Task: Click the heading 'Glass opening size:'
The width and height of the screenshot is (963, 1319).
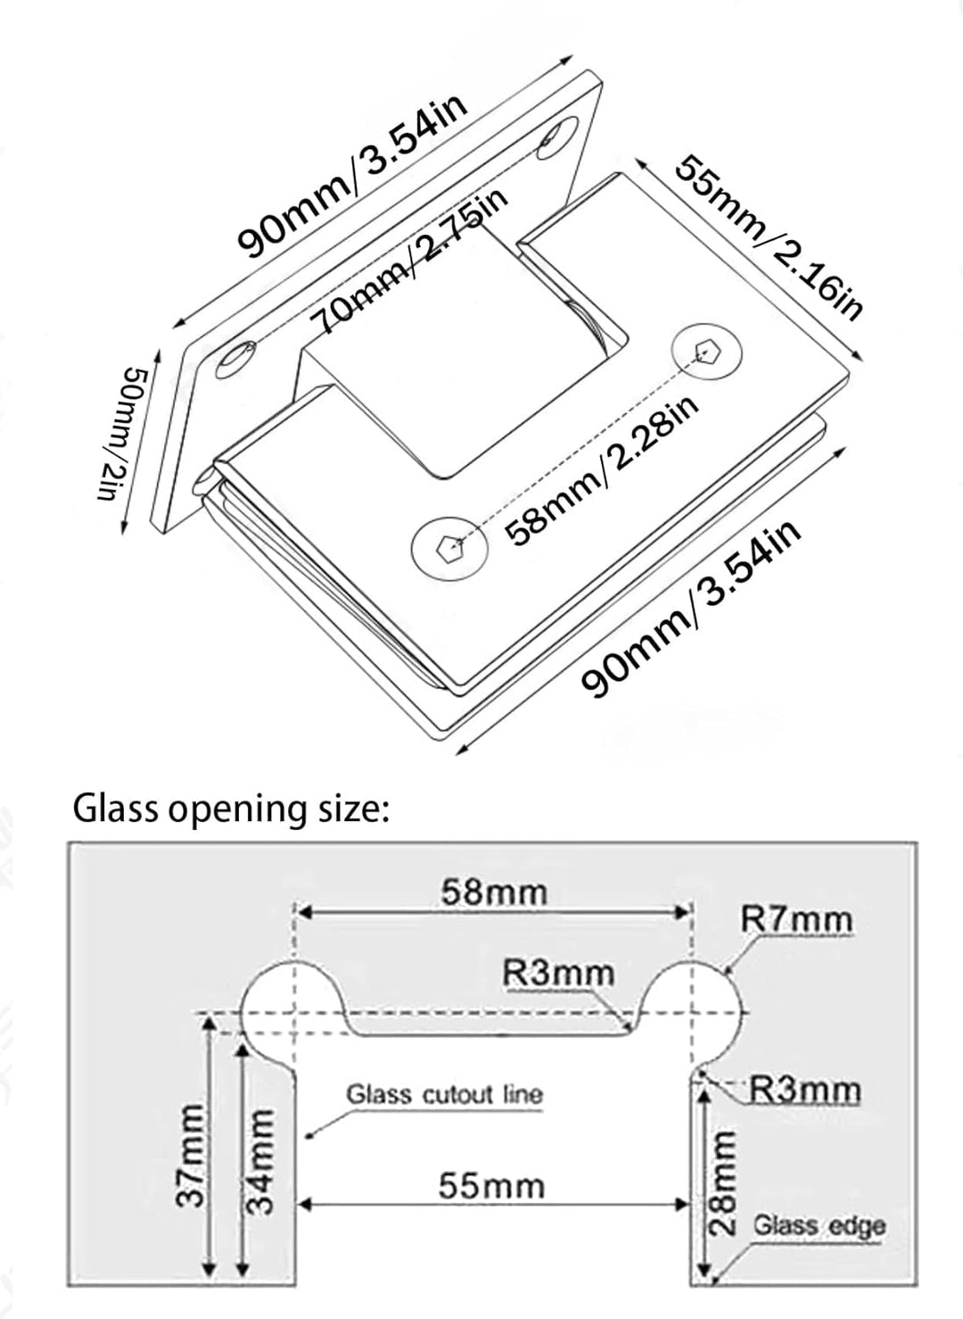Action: click(231, 809)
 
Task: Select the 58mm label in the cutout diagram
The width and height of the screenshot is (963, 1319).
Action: click(493, 892)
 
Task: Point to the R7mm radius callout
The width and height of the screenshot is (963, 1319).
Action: click(796, 919)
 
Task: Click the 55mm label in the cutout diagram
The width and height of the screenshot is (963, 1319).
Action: click(491, 1186)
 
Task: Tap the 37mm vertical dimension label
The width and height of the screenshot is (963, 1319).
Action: click(189, 1156)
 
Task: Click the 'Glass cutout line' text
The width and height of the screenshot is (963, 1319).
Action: click(444, 1094)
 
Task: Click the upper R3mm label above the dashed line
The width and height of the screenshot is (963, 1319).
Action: click(558, 973)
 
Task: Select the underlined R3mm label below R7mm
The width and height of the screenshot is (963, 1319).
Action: click(804, 1090)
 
